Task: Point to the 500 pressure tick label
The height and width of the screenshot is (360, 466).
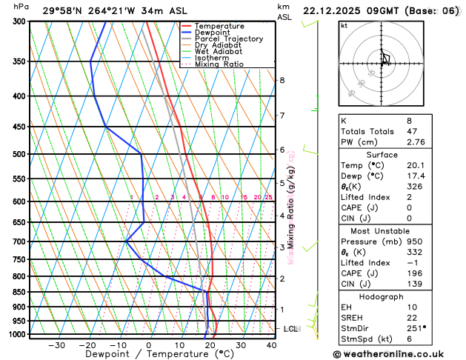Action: pos(20,154)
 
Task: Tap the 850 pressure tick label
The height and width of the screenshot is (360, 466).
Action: pos(20,292)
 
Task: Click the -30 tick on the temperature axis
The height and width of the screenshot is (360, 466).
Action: pos(56,345)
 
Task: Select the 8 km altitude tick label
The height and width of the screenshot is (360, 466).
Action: pos(282,80)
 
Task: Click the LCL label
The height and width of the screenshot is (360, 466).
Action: pos(290,328)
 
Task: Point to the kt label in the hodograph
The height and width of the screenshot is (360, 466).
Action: pos(344,26)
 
